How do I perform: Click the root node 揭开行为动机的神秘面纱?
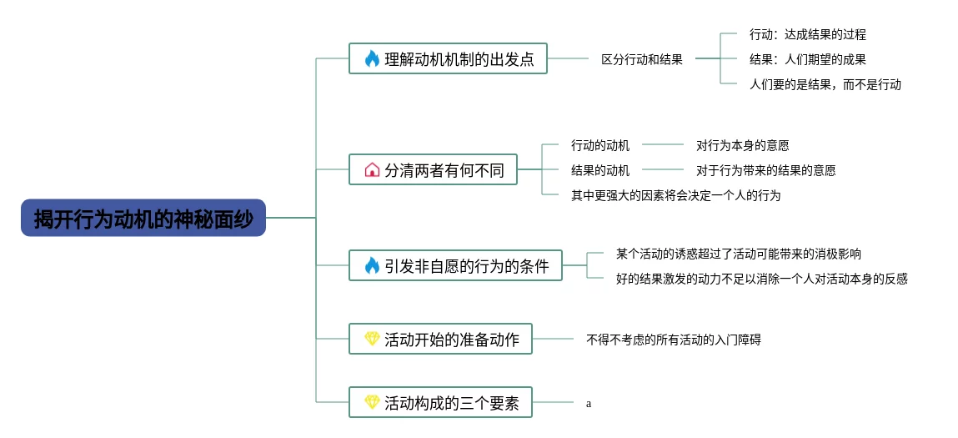tap(143, 218)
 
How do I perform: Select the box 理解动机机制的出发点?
tap(448, 58)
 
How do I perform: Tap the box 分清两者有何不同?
tap(433, 169)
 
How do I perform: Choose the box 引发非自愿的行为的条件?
tap(455, 265)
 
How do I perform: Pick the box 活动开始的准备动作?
tap(440, 339)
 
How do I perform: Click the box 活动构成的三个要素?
tap(440, 402)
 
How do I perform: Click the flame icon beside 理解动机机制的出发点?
tap(372, 58)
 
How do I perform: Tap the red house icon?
tap(372, 169)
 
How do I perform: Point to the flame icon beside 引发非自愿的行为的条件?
tap(372, 265)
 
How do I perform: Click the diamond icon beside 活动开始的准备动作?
tap(372, 339)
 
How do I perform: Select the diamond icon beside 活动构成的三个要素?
tap(372, 402)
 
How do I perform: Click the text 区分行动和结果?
tap(642, 59)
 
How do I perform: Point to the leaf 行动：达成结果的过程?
tap(807, 34)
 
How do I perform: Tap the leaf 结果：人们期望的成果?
tap(807, 59)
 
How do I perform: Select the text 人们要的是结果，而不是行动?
tap(825, 84)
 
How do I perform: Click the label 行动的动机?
tap(600, 145)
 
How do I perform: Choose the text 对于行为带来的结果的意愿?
tap(765, 170)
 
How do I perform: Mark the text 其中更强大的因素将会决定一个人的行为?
tap(675, 195)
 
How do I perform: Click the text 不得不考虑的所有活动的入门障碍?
tap(673, 340)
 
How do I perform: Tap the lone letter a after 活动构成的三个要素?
tap(589, 404)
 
